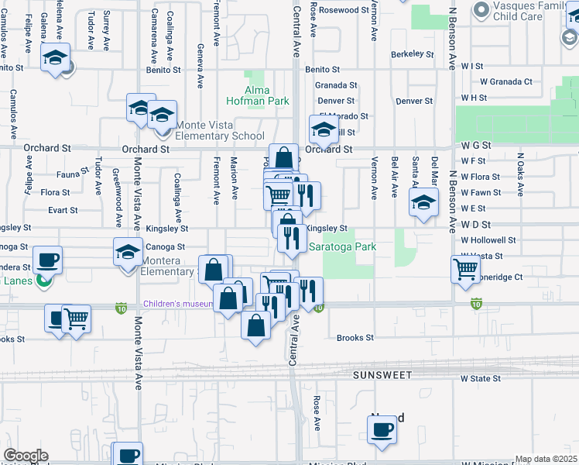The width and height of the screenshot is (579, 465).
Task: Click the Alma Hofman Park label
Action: [258, 95]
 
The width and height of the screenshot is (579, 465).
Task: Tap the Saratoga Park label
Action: [342, 247]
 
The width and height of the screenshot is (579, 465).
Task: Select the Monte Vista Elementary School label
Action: [221, 130]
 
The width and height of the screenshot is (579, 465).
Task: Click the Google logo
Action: [26, 456]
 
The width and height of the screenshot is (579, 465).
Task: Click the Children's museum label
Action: [177, 304]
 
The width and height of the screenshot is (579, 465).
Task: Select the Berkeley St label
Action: [413, 54]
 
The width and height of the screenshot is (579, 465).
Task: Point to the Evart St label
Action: [63, 210]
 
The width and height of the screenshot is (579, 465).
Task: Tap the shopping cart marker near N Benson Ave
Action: [466, 270]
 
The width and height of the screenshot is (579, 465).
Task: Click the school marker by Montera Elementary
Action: [128, 251]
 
